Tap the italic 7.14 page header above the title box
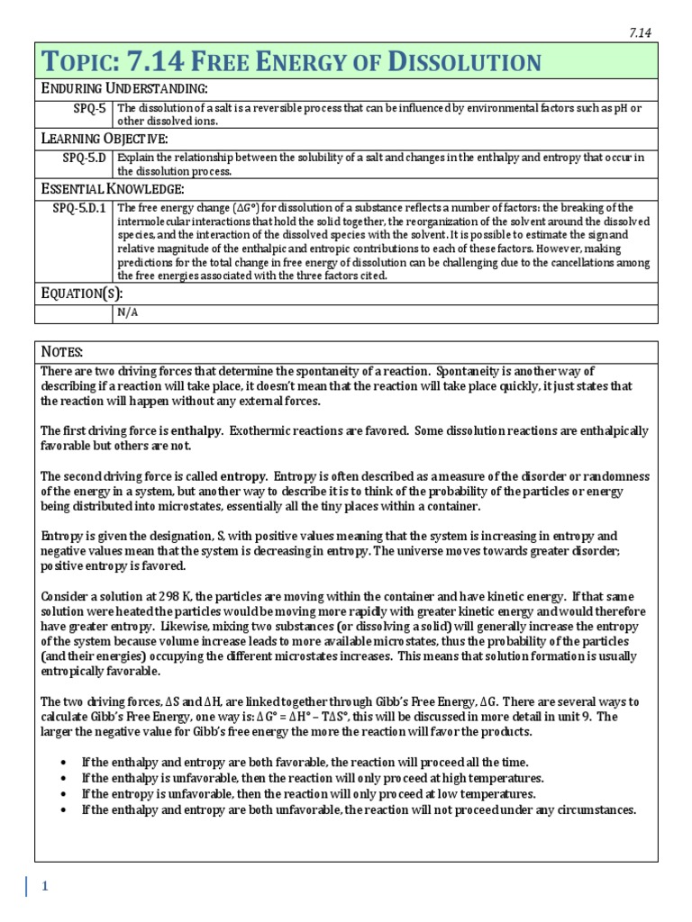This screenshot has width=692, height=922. coord(639,32)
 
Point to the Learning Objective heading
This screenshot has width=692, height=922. coord(105,138)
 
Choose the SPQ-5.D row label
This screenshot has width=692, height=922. coord(83,158)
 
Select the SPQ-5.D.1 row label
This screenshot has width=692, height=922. coord(78,208)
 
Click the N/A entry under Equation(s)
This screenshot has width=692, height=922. coord(127,312)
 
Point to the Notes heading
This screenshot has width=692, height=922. coord(62,350)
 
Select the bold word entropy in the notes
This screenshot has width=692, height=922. coord(243,475)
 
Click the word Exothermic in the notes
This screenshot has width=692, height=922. coord(265,431)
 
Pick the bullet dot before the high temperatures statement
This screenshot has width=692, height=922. coord(63,778)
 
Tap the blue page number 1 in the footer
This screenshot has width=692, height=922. coord(43,887)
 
